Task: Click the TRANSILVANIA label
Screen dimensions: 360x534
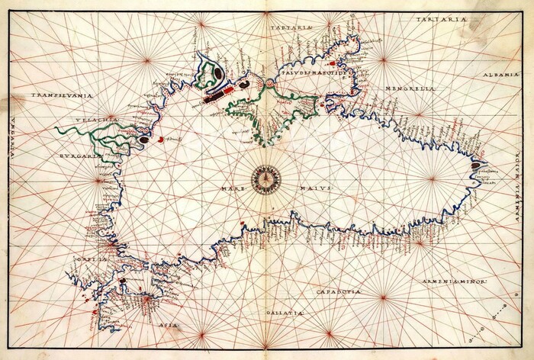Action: coord(62,95)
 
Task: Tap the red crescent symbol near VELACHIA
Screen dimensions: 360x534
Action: coord(160,140)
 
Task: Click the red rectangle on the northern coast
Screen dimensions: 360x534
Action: coord(226,92)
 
